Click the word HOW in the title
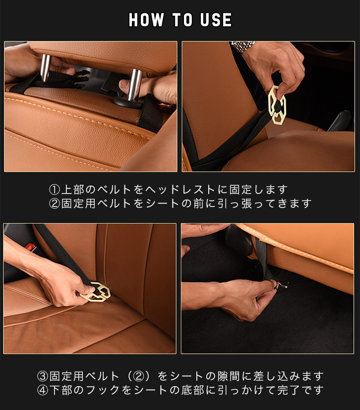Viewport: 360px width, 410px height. pos(146,20)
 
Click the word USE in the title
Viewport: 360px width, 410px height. pos(216,20)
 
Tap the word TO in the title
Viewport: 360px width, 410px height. pos(182,20)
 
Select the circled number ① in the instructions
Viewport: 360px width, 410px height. pos(55,190)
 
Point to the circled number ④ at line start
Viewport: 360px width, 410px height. pos(43,390)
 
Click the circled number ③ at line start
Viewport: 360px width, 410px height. pos(43,376)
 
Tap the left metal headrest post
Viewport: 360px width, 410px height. pos(45,68)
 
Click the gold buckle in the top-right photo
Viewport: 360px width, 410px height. pos(277,105)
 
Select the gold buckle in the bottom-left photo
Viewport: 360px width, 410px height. pos(96,292)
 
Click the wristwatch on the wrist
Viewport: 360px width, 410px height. pos(242,46)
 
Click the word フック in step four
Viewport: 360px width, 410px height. pos(104,390)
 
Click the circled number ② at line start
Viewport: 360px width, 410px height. pos(55,204)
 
